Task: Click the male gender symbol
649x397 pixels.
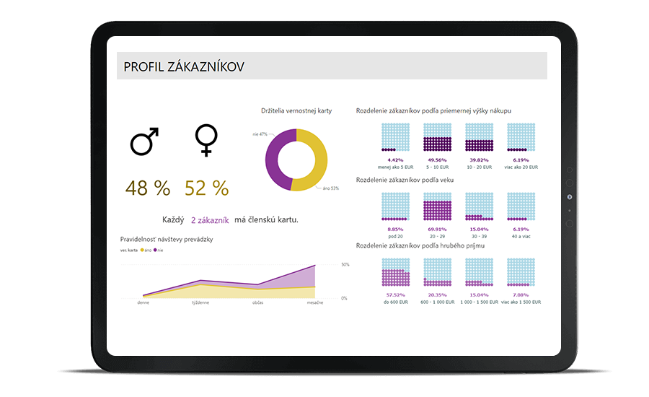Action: [x=144, y=141]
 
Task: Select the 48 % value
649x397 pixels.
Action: [x=148, y=188]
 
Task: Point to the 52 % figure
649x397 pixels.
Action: [x=206, y=188]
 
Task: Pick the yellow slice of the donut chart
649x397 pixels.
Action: [x=318, y=160]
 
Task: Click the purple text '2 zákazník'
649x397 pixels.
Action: [x=210, y=220]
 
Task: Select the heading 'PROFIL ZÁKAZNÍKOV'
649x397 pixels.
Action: [x=184, y=66]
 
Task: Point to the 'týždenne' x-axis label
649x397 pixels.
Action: [x=200, y=302]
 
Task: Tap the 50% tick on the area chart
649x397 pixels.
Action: [x=345, y=265]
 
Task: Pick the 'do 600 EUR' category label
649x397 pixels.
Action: [x=395, y=302]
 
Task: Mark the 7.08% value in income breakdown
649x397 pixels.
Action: [x=521, y=295]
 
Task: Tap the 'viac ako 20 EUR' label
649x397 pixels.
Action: [x=521, y=167]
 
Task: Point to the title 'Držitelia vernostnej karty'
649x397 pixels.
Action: [x=296, y=110]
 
